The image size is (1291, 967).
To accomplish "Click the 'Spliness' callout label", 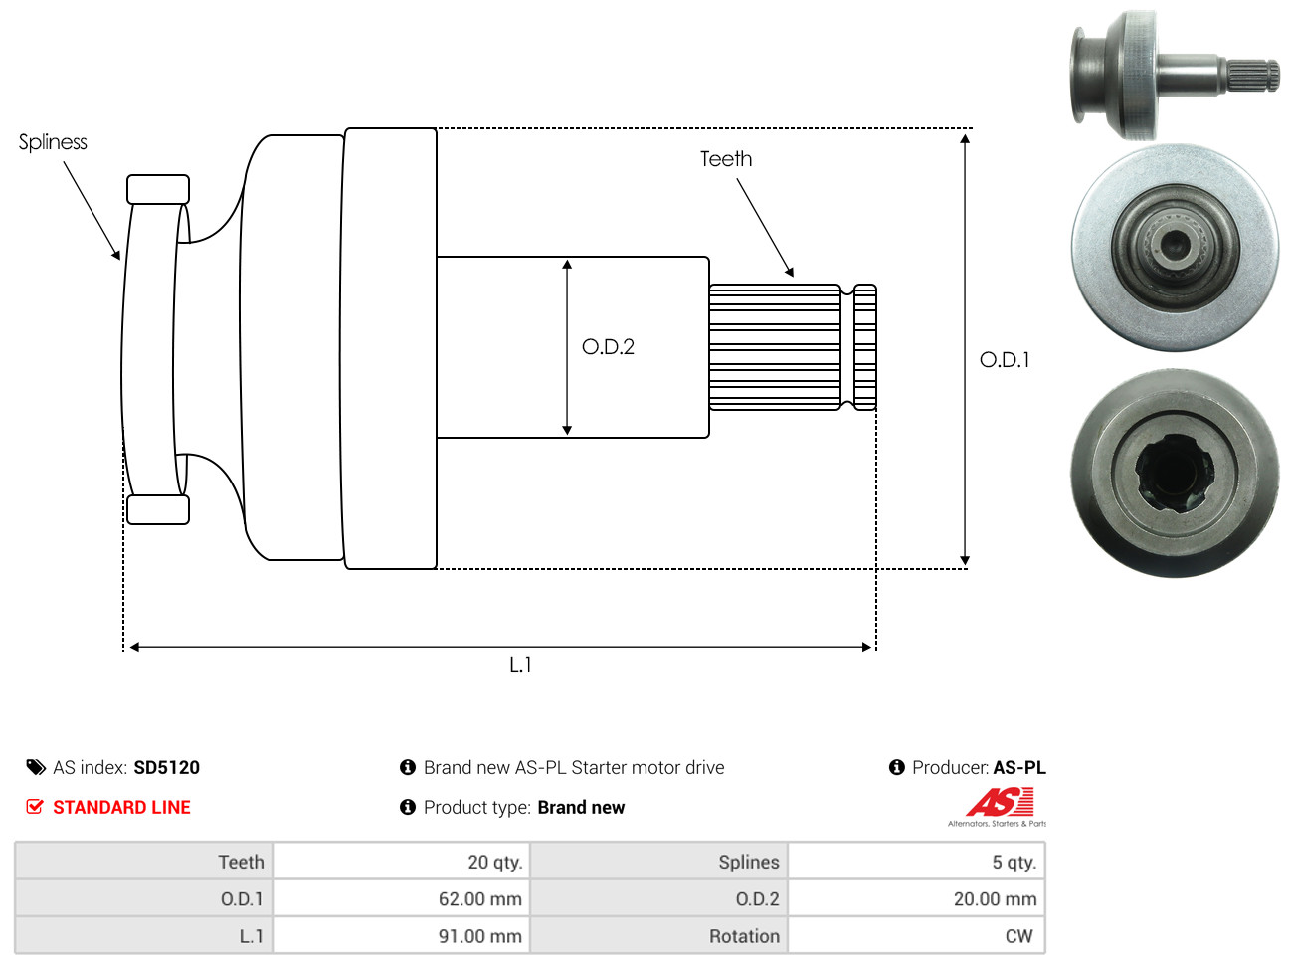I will tap(53, 142).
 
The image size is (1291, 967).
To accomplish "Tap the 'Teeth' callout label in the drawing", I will tap(725, 159).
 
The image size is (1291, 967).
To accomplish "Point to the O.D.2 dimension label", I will tap(608, 347).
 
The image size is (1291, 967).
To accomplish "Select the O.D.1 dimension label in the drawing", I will tap(1005, 360).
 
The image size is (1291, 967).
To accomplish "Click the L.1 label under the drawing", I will tap(520, 665).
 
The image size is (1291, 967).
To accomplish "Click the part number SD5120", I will tap(166, 768).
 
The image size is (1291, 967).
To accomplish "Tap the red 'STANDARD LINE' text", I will tap(121, 808).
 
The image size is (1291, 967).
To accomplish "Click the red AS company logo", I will tap(1000, 802).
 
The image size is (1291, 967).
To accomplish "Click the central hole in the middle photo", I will tap(1175, 242).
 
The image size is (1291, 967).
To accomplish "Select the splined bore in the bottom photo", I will tap(1174, 475).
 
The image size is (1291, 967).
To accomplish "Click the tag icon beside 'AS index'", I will tap(36, 767).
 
